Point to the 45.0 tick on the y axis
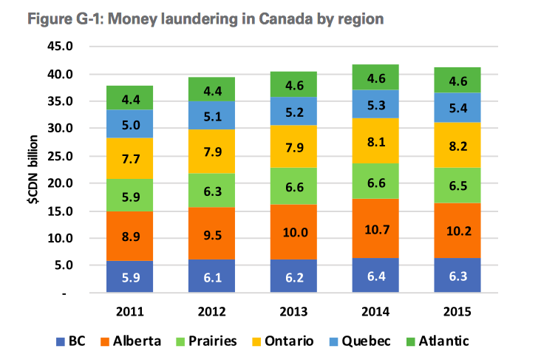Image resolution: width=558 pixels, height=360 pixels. (x=61, y=47)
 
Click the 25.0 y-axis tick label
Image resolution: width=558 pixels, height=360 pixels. (x=61, y=156)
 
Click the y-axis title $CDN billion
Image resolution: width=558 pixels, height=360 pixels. (x=33, y=171)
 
